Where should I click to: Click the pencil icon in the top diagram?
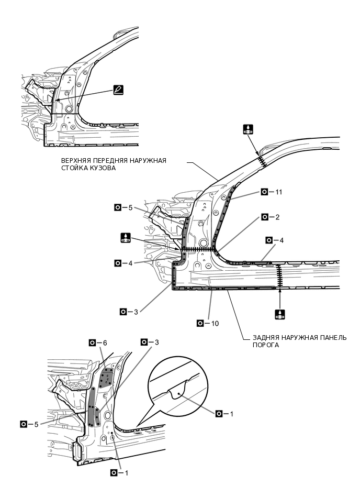(118, 90)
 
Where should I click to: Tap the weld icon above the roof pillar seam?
(248, 129)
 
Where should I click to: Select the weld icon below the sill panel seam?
(280, 314)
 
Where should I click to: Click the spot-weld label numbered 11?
(272, 192)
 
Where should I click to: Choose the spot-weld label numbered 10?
(208, 323)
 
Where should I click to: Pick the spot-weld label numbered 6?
(98, 343)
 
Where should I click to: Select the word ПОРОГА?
(266, 345)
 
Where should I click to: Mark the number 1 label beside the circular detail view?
(224, 414)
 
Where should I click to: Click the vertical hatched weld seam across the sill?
(279, 276)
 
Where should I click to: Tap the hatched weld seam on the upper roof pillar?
(262, 160)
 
